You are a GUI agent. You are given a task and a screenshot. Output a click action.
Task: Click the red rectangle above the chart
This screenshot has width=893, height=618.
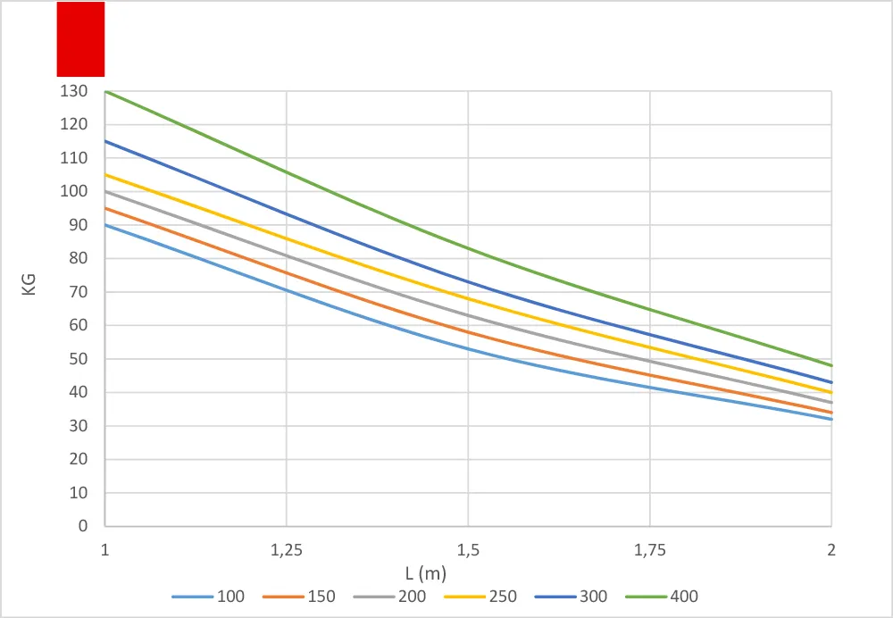(x=80, y=38)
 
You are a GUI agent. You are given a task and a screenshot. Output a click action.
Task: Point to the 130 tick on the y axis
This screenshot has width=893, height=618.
(x=74, y=91)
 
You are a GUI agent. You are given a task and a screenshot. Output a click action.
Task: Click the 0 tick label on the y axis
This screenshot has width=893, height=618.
(x=83, y=526)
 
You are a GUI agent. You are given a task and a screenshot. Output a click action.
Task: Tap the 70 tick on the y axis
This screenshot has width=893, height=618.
(x=79, y=292)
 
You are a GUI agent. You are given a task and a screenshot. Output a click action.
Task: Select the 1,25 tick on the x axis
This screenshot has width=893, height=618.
(x=287, y=550)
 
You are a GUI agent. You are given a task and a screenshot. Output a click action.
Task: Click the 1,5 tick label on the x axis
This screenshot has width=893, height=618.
(x=468, y=550)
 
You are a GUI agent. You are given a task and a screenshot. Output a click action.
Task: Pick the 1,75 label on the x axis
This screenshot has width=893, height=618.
(x=650, y=550)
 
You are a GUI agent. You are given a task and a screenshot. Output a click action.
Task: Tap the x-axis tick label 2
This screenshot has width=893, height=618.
(x=831, y=549)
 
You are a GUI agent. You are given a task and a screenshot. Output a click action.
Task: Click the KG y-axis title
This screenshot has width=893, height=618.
(x=29, y=285)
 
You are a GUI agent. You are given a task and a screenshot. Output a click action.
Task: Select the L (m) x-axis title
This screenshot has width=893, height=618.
(x=425, y=573)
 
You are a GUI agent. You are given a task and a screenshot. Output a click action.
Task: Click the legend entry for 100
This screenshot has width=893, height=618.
(x=208, y=597)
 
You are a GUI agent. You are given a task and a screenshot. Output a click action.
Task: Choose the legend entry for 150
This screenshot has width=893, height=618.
(x=299, y=597)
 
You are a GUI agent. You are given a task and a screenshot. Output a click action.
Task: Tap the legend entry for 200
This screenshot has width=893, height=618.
(x=389, y=597)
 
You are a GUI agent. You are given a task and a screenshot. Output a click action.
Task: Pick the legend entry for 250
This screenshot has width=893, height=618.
(x=480, y=597)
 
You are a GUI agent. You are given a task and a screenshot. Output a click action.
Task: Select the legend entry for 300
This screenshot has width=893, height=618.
(x=571, y=597)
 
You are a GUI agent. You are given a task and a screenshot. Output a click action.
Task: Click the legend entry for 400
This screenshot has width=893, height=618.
(x=661, y=597)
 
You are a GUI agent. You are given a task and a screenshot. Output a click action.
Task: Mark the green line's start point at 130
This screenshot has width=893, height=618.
(x=105, y=91)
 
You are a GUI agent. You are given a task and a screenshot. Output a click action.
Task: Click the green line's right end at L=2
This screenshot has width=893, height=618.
(x=831, y=365)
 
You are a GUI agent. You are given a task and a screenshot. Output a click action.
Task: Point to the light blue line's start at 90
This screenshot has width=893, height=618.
(x=105, y=225)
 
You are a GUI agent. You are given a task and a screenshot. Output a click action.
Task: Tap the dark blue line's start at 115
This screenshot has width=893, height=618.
(x=105, y=141)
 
